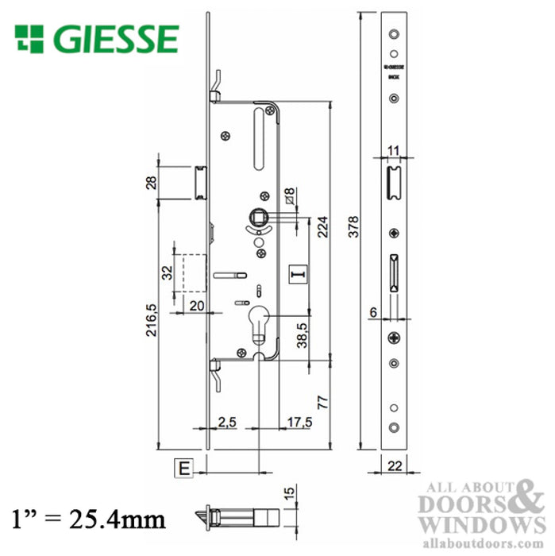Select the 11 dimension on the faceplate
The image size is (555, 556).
[393, 150]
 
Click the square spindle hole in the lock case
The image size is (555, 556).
[260, 214]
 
